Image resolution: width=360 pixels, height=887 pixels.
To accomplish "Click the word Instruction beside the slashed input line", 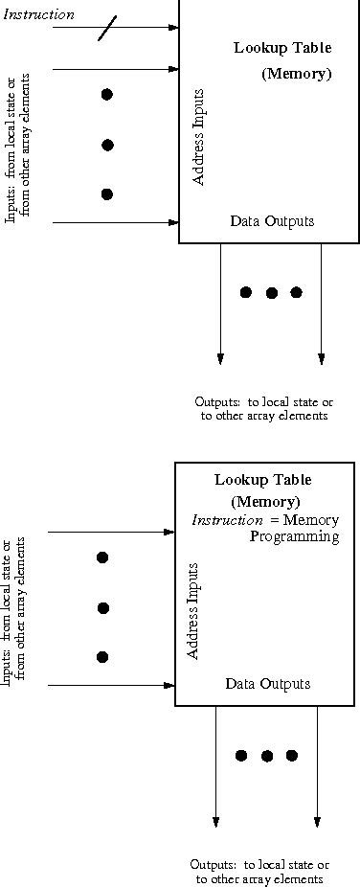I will [39, 14].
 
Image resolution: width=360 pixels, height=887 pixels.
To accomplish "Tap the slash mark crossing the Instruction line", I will [106, 29].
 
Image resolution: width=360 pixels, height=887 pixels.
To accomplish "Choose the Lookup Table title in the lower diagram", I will [262, 479].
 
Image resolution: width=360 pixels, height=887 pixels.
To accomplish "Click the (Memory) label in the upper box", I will [296, 74].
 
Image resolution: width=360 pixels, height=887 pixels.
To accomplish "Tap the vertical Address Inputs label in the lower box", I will [193, 608].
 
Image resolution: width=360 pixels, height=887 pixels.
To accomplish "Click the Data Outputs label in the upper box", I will [272, 221].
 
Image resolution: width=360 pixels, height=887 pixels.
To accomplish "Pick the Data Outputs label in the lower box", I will [267, 683].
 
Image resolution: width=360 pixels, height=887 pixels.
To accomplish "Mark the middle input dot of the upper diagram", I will [107, 145].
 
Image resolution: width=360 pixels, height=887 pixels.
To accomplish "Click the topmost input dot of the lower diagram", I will [102, 557].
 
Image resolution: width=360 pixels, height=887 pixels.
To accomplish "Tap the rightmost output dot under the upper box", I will [296, 292].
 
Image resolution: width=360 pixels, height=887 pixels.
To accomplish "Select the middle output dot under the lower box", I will [267, 756].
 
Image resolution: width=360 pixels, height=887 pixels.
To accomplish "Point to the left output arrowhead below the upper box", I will [220, 358].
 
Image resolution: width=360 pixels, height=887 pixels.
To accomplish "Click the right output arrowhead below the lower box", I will [317, 821].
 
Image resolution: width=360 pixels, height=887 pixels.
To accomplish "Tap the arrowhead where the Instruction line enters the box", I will [174, 27].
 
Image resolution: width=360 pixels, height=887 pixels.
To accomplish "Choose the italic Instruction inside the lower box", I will [222, 520].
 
